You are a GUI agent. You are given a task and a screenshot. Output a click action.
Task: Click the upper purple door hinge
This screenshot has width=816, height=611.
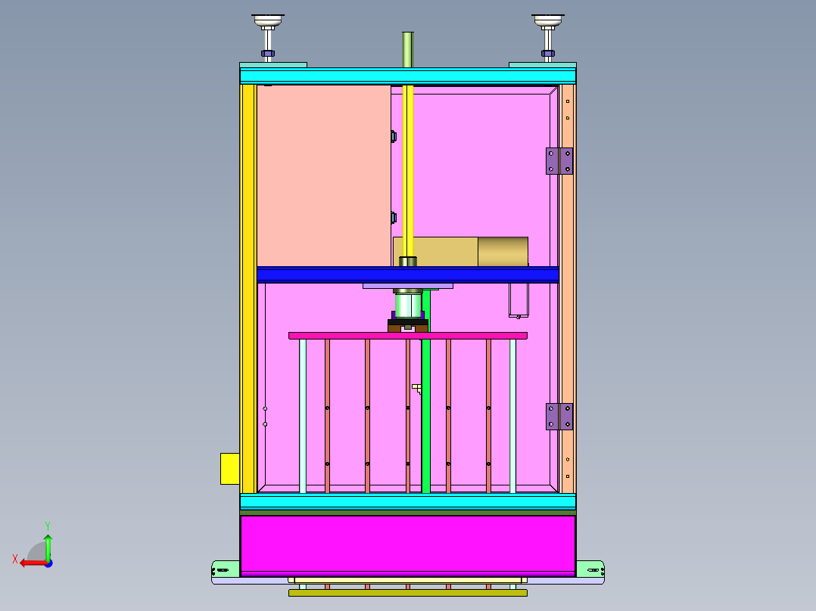pyautogui.click(x=559, y=161)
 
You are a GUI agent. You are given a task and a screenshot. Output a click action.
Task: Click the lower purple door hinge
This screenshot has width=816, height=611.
pyautogui.click(x=559, y=417)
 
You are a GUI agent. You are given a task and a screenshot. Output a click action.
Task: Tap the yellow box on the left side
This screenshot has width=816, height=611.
pyautogui.click(x=229, y=468)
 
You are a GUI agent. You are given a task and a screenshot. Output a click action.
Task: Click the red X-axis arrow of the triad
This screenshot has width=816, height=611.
pyautogui.click(x=30, y=562)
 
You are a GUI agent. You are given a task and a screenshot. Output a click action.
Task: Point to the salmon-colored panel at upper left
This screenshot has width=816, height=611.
pyautogui.click(x=323, y=174)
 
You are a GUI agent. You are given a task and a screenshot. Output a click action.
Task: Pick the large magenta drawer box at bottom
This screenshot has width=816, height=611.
pyautogui.click(x=407, y=544)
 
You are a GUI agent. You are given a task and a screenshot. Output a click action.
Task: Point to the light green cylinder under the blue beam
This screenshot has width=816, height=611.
pyautogui.click(x=408, y=304)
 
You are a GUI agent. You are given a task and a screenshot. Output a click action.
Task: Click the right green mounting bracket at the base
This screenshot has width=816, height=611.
pyautogui.click(x=590, y=568)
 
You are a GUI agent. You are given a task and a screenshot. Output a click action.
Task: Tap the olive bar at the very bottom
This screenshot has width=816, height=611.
pyautogui.click(x=407, y=593)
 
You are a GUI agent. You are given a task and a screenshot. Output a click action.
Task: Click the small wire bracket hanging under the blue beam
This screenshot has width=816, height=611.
pyautogui.click(x=519, y=299)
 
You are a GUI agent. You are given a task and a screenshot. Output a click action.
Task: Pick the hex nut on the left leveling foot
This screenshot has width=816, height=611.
pyautogui.click(x=268, y=53)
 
